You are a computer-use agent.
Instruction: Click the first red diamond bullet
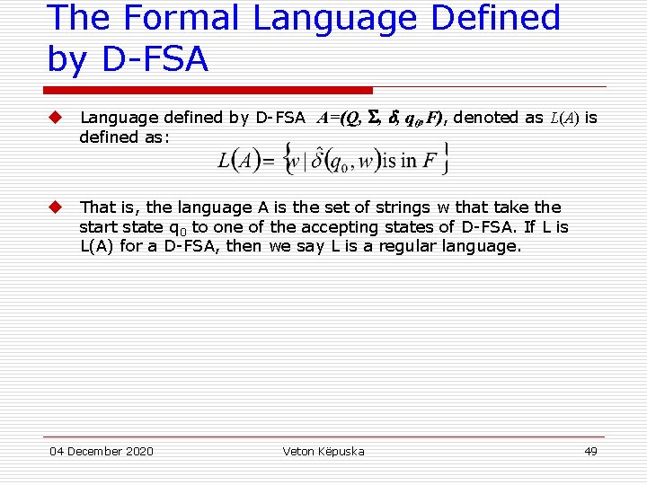[55, 118]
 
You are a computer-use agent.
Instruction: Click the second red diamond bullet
[55, 207]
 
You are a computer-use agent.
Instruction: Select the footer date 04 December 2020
[101, 451]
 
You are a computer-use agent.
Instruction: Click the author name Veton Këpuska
[323, 451]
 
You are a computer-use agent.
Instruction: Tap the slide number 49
[590, 451]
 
